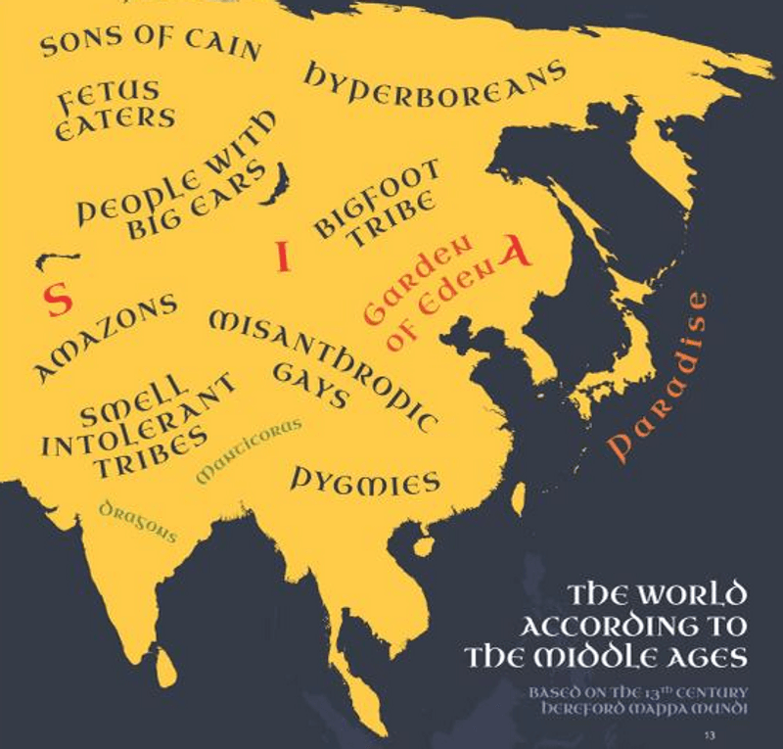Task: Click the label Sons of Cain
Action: [150, 41]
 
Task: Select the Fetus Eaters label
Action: [115, 110]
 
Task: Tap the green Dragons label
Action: [138, 520]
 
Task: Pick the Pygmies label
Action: [364, 480]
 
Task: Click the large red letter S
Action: [59, 300]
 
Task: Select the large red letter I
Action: [283, 257]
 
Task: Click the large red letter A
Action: [516, 252]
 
